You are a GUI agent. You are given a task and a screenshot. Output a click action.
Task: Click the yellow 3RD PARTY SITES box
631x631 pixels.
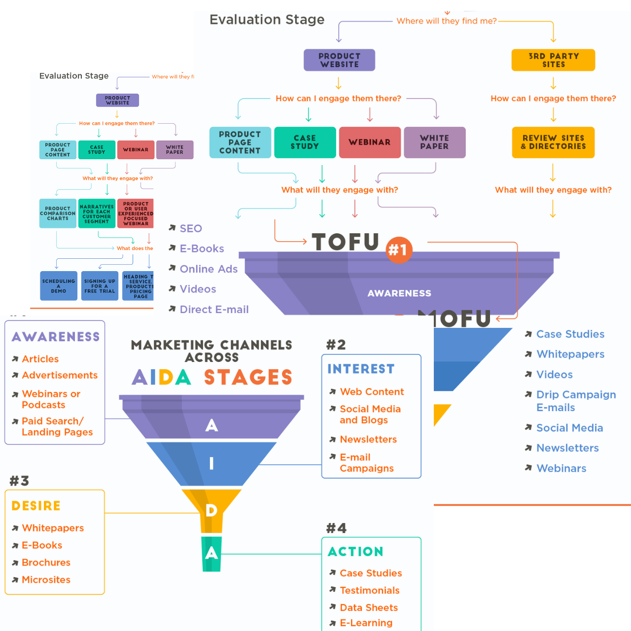[x=553, y=60]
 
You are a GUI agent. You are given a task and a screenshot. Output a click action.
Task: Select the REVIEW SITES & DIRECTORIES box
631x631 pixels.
[x=553, y=142]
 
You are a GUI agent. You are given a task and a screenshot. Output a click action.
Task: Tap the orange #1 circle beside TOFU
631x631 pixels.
[x=398, y=250]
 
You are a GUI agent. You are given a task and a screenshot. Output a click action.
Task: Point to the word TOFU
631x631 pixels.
[x=346, y=242]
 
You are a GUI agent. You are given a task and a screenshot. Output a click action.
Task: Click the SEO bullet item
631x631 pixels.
[x=191, y=229]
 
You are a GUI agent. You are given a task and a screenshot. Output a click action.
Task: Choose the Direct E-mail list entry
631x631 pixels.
[x=214, y=310]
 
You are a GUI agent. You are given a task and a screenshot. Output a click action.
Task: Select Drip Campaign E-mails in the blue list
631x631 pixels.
[x=575, y=401]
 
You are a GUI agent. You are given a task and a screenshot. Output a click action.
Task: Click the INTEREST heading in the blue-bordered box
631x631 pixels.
[x=361, y=369]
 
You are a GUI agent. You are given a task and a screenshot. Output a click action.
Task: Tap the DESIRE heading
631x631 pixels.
[x=36, y=506]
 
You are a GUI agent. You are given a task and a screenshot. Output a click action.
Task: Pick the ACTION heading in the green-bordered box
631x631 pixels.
[x=355, y=552]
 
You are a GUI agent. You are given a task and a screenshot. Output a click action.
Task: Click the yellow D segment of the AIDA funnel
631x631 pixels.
[x=211, y=510]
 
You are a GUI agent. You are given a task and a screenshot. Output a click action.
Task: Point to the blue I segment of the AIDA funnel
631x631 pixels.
[x=211, y=463]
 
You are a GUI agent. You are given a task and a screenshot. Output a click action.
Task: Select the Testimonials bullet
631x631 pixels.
[x=369, y=591]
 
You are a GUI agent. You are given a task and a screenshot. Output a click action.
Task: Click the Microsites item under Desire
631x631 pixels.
[x=46, y=580]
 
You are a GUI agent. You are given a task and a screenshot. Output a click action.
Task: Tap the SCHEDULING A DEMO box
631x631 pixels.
[x=59, y=286]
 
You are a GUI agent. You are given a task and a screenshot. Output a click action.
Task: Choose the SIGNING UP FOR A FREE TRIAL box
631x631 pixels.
[x=100, y=286]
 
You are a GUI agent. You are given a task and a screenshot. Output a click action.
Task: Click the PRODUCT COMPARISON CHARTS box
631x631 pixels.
[x=58, y=213]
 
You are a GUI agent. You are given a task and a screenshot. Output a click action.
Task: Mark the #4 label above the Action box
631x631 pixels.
[x=336, y=528]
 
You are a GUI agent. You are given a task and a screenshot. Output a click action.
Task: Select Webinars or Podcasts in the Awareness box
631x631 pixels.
[x=51, y=399]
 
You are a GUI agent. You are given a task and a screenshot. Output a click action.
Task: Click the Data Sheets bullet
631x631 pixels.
[x=369, y=608]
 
